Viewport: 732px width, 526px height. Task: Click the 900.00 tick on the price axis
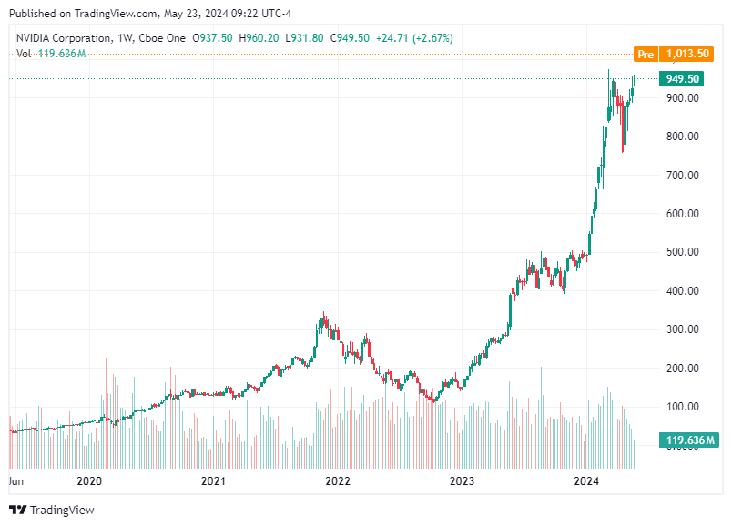[682, 98]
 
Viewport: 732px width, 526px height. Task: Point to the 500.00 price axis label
[682, 252]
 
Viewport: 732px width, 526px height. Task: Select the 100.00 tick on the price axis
[682, 407]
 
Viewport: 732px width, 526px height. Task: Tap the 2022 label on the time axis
[338, 481]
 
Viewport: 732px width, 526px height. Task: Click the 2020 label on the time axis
[89, 481]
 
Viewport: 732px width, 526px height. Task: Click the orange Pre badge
[646, 55]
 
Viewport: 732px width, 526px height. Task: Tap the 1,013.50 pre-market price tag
[687, 55]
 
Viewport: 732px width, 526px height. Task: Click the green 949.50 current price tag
[682, 79]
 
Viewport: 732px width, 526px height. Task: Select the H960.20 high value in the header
[259, 37]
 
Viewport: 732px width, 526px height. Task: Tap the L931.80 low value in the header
[305, 37]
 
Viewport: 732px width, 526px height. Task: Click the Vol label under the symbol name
[25, 54]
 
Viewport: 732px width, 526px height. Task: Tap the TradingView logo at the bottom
[52, 511]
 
